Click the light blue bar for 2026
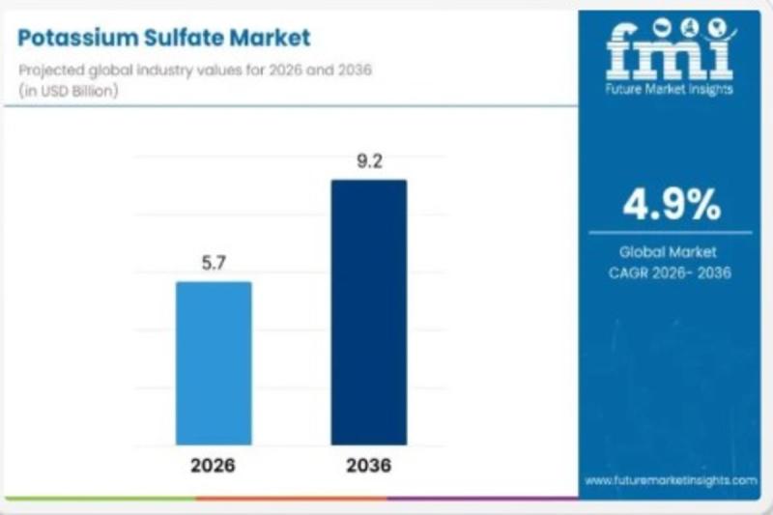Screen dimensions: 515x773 tap(213, 362)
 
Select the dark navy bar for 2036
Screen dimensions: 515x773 tap(368, 311)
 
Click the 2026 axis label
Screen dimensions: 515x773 tap(213, 466)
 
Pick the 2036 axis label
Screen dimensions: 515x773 tap(368, 466)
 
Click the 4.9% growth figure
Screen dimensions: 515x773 tap(671, 204)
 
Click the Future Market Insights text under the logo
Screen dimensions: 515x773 tap(670, 90)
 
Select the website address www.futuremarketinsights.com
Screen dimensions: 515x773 tap(671, 479)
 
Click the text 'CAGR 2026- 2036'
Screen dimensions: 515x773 tap(671, 272)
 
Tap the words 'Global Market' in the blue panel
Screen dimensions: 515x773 tap(671, 251)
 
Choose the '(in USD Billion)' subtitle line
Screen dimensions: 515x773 tap(69, 90)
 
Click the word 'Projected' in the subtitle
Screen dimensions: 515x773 tap(47, 71)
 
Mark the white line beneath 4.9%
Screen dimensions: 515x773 tap(671, 232)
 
